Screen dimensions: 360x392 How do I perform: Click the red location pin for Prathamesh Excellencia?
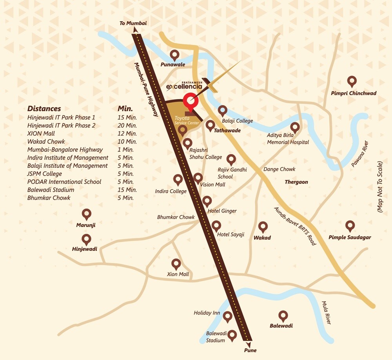(x=191, y=100)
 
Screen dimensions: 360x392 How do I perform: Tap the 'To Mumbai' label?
(x=133, y=24)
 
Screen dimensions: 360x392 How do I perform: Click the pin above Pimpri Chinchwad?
(x=352, y=82)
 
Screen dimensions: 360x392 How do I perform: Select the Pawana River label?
(x=359, y=154)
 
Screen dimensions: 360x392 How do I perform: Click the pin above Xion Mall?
(x=176, y=264)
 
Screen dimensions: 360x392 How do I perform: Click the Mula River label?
(x=327, y=313)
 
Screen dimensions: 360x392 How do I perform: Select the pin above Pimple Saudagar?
(x=350, y=225)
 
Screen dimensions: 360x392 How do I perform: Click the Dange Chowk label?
(x=279, y=169)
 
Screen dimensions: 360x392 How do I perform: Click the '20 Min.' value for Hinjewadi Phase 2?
(x=127, y=125)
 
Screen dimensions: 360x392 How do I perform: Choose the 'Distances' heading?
(x=44, y=109)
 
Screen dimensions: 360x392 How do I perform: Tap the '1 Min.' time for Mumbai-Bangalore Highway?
(x=125, y=149)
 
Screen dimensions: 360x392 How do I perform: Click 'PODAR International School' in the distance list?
(x=64, y=182)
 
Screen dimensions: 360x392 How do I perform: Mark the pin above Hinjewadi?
(x=86, y=239)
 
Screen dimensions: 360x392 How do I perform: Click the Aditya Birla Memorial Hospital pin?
(x=294, y=127)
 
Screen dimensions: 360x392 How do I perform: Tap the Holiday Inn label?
(x=207, y=313)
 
